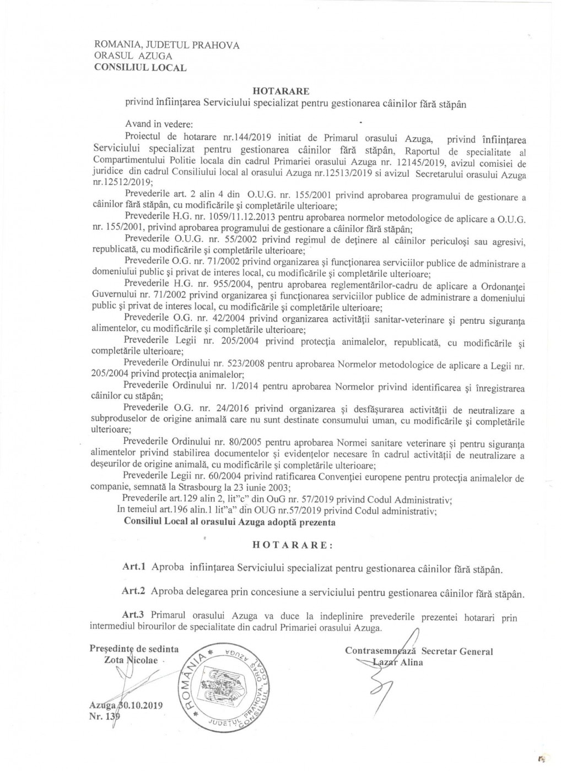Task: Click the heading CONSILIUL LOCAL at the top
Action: click(x=141, y=68)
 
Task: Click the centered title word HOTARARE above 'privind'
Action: click(x=281, y=91)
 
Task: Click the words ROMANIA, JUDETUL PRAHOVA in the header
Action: click(x=167, y=45)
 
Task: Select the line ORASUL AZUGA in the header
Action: click(x=133, y=56)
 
